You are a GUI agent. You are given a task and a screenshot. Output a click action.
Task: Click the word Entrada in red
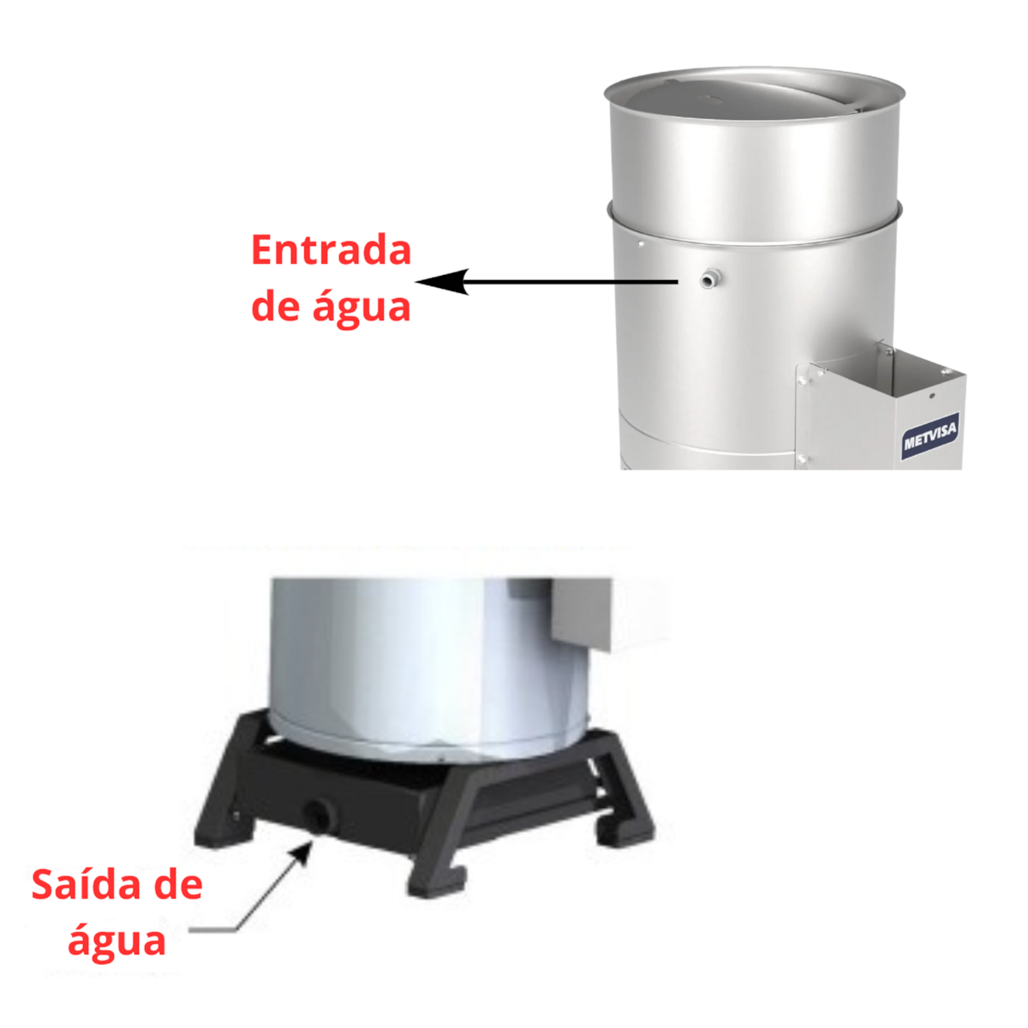tap(332, 250)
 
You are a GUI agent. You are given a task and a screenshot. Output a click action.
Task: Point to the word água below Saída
tap(117, 941)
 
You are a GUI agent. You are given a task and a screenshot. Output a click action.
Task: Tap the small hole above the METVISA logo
tap(932, 395)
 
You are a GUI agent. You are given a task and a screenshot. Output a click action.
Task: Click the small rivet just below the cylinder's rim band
tap(641, 243)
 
